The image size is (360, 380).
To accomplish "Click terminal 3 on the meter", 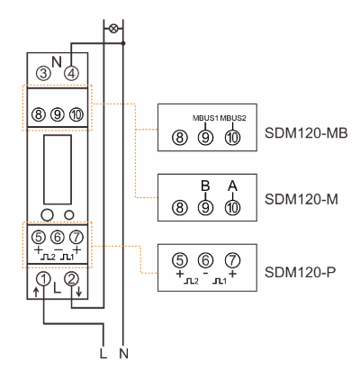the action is click(x=43, y=73).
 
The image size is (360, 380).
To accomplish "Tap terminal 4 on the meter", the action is click(x=71, y=73).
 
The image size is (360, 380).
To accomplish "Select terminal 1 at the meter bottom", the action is click(x=43, y=279).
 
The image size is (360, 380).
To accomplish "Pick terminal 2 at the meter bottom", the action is click(x=71, y=279).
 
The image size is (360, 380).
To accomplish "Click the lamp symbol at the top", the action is click(x=113, y=29).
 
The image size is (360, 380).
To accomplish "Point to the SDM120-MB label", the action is click(x=306, y=133).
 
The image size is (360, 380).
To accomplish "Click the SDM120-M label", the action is click(x=301, y=199).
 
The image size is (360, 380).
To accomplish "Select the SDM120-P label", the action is click(x=300, y=272).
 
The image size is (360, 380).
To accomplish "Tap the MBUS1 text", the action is click(x=205, y=118).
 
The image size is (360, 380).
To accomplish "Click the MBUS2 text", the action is click(x=233, y=118).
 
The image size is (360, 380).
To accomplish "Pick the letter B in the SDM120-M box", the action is click(x=205, y=186).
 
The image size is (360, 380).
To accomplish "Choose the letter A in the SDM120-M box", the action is click(x=232, y=186).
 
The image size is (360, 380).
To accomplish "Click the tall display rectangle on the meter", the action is click(x=58, y=169).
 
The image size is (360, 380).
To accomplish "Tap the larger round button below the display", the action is click(x=47, y=215).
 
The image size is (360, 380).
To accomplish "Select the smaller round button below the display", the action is click(x=69, y=215).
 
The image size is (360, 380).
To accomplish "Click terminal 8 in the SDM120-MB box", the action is click(x=180, y=138).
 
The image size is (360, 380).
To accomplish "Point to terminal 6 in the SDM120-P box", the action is click(x=205, y=260).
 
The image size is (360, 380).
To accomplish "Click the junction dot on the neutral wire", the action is click(x=123, y=43).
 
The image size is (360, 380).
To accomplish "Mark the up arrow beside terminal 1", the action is click(x=36, y=292).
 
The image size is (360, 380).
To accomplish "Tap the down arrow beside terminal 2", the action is click(x=78, y=292).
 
